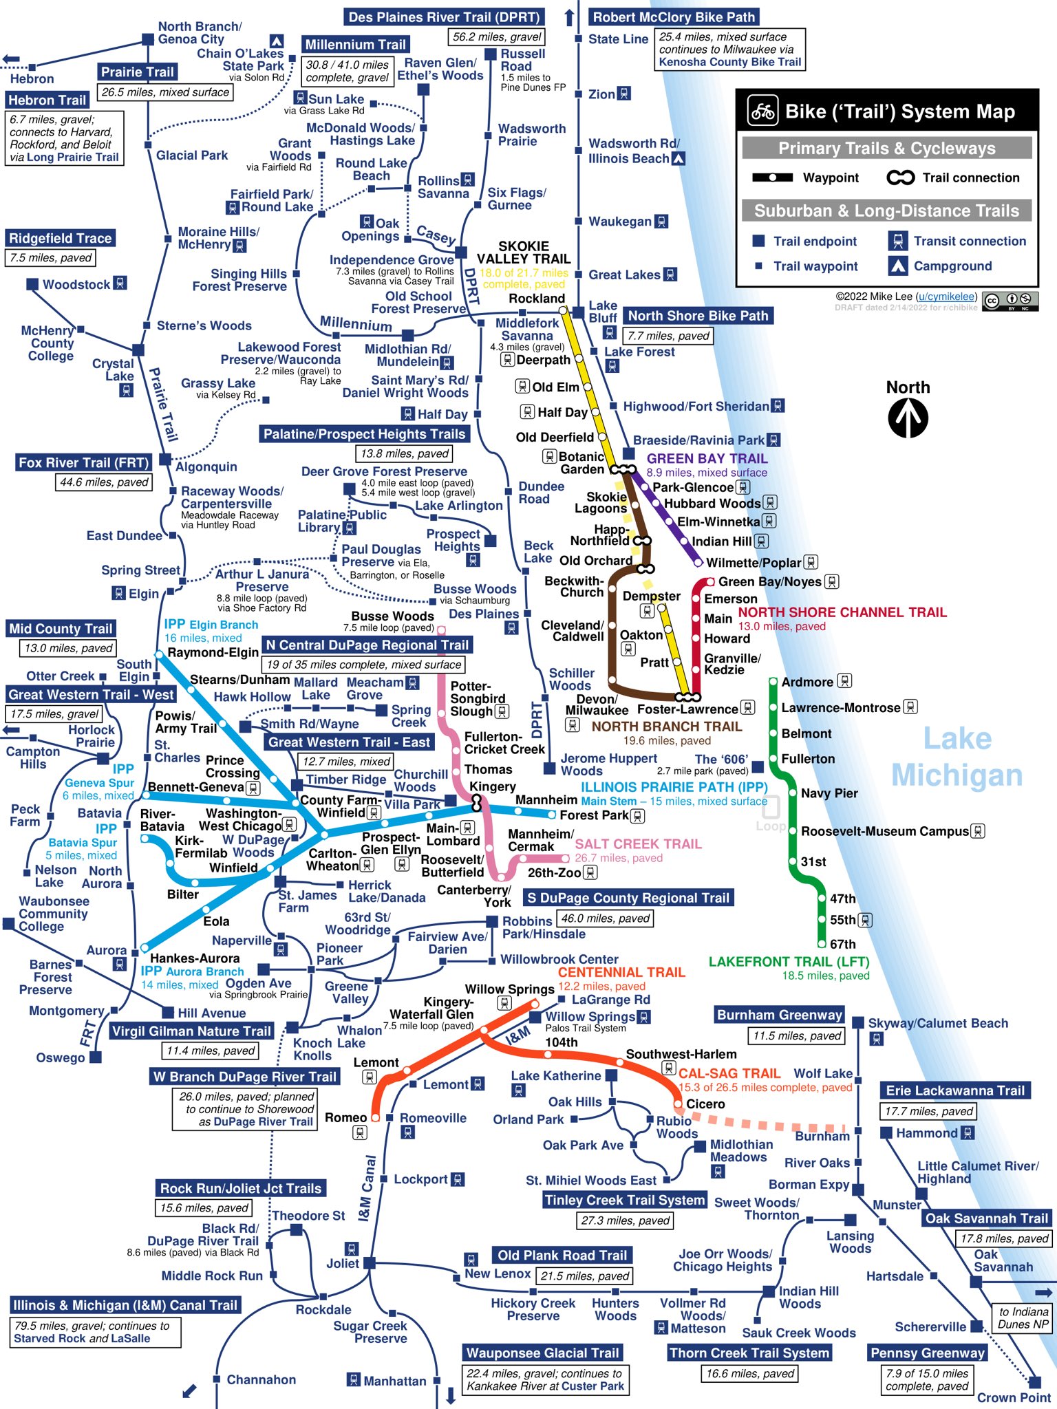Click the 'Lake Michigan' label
point(957,757)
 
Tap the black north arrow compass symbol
point(908,418)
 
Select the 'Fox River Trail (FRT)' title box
point(83,462)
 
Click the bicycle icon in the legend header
point(762,111)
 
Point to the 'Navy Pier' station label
point(829,793)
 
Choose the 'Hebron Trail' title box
point(47,100)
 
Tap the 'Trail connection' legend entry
point(970,178)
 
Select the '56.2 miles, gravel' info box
point(497,36)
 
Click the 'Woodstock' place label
point(76,284)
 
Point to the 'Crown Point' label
point(1014,1397)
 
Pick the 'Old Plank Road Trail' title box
point(562,1255)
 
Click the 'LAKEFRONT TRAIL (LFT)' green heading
point(789,961)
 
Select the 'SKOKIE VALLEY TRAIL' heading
point(524,252)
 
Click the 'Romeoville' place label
point(433,1118)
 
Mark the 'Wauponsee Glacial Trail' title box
point(542,1353)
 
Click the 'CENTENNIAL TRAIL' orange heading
point(621,972)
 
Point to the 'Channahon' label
point(261,1379)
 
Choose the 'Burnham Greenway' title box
point(779,1015)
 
